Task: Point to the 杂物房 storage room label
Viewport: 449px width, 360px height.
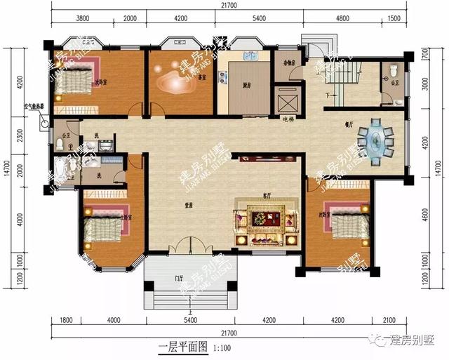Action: click(x=286, y=62)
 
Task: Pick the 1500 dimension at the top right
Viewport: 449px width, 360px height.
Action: click(x=394, y=19)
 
